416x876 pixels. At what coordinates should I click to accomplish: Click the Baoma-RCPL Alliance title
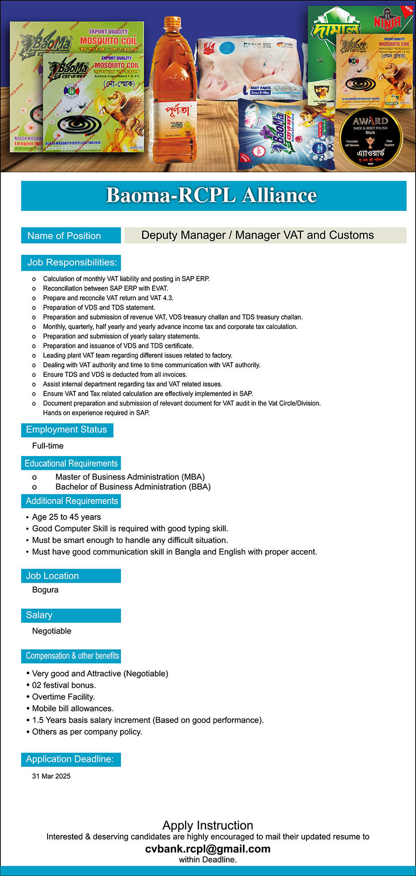coord(212,195)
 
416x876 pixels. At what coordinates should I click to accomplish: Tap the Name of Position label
coord(64,236)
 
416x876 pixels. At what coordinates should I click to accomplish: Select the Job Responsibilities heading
coord(72,262)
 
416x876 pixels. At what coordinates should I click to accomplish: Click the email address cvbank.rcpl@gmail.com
coord(208,849)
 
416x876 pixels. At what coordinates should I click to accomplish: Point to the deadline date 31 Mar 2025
coord(51,776)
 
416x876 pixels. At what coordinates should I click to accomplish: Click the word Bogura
coord(45,590)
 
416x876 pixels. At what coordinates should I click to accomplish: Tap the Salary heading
coord(39,615)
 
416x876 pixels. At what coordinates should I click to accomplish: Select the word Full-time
coord(48,446)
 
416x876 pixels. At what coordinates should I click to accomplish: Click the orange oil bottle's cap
coord(172,22)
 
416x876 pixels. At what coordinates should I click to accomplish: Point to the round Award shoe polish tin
coord(371,139)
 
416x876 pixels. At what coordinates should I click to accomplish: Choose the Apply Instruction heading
coord(208,826)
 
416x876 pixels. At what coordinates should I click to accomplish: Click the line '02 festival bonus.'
coord(64,685)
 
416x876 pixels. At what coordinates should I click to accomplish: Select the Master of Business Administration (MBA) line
coord(130,477)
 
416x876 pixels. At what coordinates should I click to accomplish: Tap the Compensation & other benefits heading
coord(72,656)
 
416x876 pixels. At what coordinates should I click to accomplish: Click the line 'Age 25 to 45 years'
coord(67,517)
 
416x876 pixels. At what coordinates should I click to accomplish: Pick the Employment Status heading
coord(67,430)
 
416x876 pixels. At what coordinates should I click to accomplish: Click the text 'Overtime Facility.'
coord(63,697)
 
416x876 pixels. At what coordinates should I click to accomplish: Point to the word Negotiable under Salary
coord(52,631)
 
